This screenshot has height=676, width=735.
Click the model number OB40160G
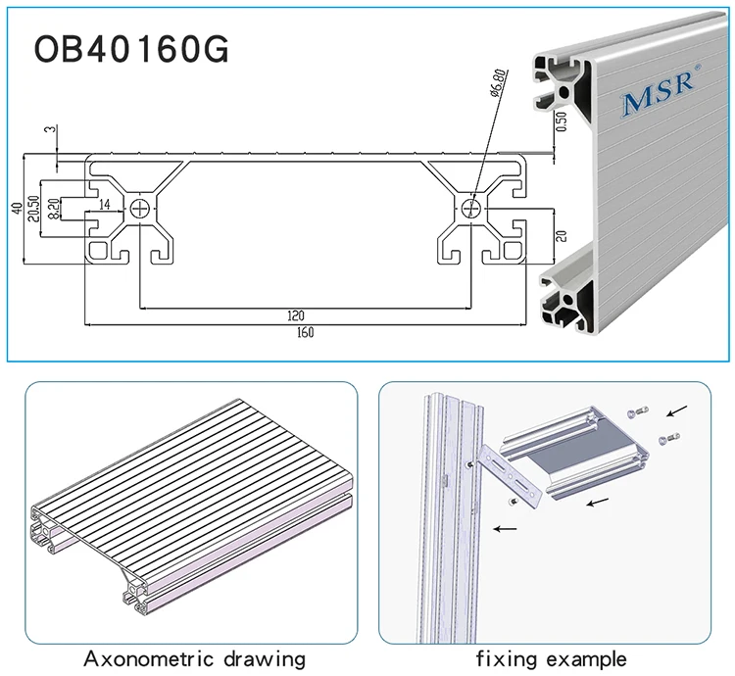(131, 50)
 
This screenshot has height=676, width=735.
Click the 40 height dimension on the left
(16, 207)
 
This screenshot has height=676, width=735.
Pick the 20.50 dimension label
(32, 208)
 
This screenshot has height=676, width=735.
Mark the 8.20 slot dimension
(53, 208)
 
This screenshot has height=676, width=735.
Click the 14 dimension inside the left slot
(105, 206)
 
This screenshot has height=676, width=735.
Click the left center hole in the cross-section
(144, 208)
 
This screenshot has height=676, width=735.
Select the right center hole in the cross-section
(472, 208)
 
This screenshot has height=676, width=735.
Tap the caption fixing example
(551, 657)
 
